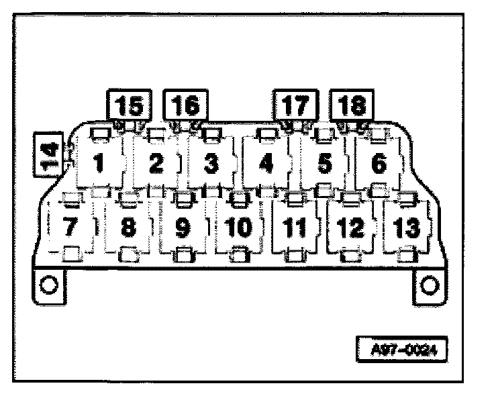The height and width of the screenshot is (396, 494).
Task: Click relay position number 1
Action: pyautogui.click(x=99, y=163)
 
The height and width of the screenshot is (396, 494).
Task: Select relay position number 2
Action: pyautogui.click(x=156, y=163)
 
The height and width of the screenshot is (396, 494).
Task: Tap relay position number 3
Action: pyautogui.click(x=211, y=163)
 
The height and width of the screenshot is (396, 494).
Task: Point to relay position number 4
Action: pyautogui.click(x=266, y=163)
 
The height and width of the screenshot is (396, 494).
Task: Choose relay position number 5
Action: pyautogui.click(x=324, y=163)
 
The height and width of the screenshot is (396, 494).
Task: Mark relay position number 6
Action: pyautogui.click(x=379, y=163)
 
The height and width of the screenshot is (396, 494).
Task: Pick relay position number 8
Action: pyautogui.click(x=128, y=227)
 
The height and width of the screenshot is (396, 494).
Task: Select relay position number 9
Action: pyautogui.click(x=182, y=227)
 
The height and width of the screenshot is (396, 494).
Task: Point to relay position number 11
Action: pyautogui.click(x=293, y=227)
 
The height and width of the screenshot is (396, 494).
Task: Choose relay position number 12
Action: pyautogui.click(x=350, y=227)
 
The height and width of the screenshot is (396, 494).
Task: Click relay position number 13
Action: pyautogui.click(x=405, y=227)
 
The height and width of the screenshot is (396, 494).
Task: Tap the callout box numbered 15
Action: pyautogui.click(x=128, y=106)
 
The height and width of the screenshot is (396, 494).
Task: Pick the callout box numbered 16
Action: pyautogui.click(x=185, y=106)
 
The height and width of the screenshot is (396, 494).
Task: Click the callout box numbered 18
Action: pyautogui.click(x=351, y=106)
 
